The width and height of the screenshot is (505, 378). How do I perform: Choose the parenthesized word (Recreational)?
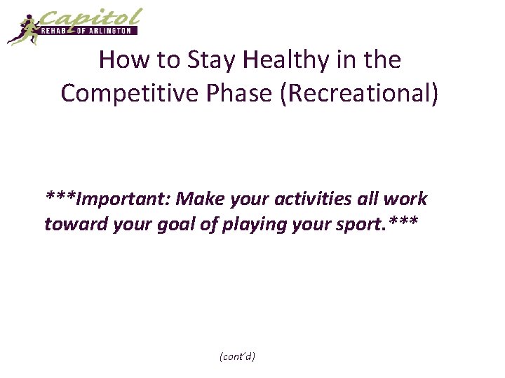pyautogui.click(x=360, y=93)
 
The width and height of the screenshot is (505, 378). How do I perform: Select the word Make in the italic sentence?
pyautogui.click(x=199, y=199)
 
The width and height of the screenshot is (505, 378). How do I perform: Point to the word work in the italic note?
pyautogui.click(x=408, y=199)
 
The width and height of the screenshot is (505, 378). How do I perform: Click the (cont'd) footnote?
pyautogui.click(x=237, y=356)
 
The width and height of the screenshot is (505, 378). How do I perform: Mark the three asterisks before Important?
pyautogui.click(x=61, y=197)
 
